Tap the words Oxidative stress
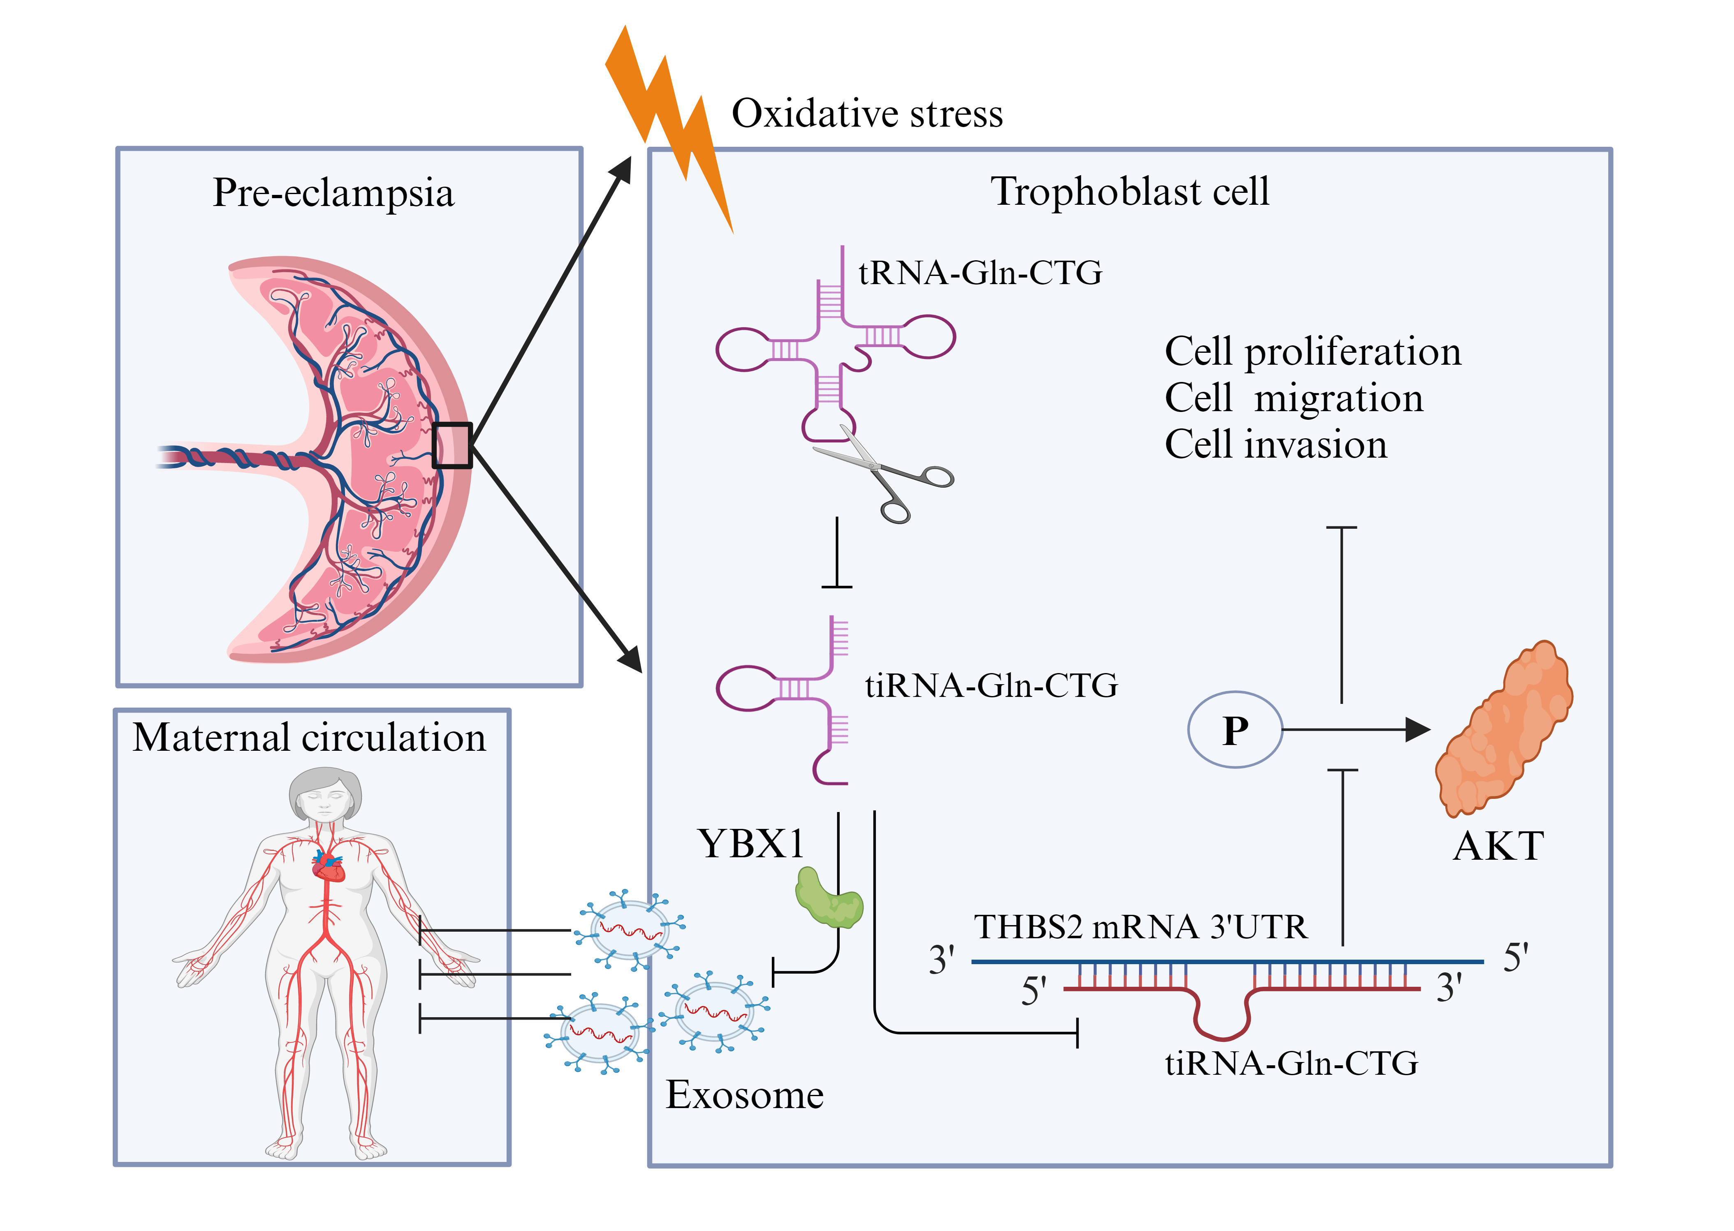click(x=866, y=114)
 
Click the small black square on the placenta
click(x=451, y=446)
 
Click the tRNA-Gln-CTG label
click(x=980, y=273)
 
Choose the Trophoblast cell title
click(x=1129, y=191)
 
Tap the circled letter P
click(x=1234, y=730)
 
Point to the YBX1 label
click(x=750, y=844)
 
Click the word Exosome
click(x=744, y=1095)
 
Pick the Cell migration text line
click(x=1294, y=398)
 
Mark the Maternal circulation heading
click(x=309, y=738)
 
